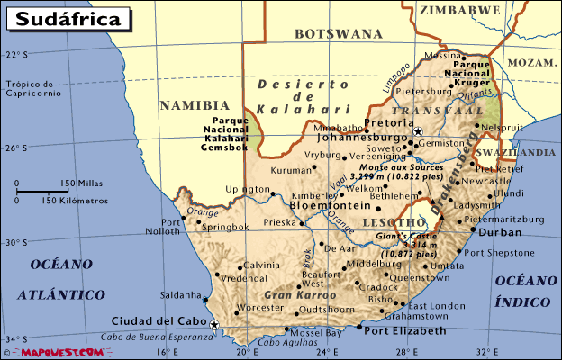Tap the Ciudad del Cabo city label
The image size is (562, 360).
[x=155, y=320]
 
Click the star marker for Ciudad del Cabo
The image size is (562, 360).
[x=214, y=325]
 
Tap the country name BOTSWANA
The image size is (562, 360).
[x=339, y=34]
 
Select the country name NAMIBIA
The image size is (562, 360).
[x=189, y=105]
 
